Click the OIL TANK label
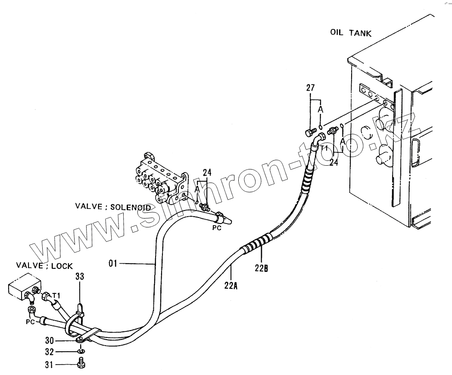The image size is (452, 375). click(x=350, y=33)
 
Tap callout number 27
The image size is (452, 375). click(x=311, y=88)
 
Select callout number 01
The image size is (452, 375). click(x=113, y=262)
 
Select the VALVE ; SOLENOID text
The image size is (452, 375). click(x=113, y=207)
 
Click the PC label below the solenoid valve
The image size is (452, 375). click(x=216, y=228)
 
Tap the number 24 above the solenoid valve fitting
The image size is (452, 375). click(x=207, y=173)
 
